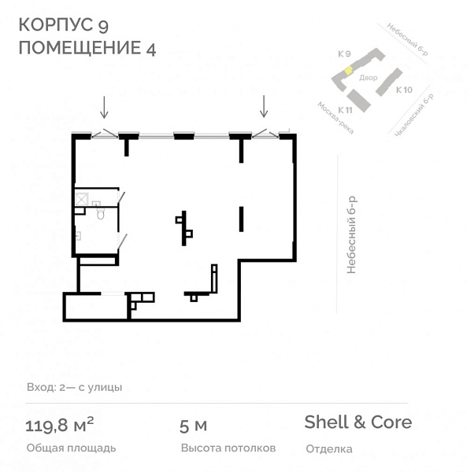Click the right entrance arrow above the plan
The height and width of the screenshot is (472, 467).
click(264, 106)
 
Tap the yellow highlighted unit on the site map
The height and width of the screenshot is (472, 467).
click(347, 71)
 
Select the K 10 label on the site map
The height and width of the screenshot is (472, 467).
click(404, 90)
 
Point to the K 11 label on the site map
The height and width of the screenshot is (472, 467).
click(344, 109)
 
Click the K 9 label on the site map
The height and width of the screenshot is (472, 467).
click(343, 54)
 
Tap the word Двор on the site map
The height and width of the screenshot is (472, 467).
click(369, 78)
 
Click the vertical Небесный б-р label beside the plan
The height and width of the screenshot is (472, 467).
click(352, 234)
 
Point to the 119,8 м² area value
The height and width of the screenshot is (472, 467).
click(60, 426)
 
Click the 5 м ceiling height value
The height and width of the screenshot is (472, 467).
click(194, 426)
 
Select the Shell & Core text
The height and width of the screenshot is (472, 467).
click(358, 422)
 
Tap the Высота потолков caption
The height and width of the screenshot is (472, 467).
click(228, 448)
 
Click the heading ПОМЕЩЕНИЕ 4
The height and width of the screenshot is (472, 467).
click(87, 48)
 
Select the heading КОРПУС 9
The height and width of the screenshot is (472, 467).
click(69, 26)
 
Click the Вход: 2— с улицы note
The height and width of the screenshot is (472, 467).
click(74, 387)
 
